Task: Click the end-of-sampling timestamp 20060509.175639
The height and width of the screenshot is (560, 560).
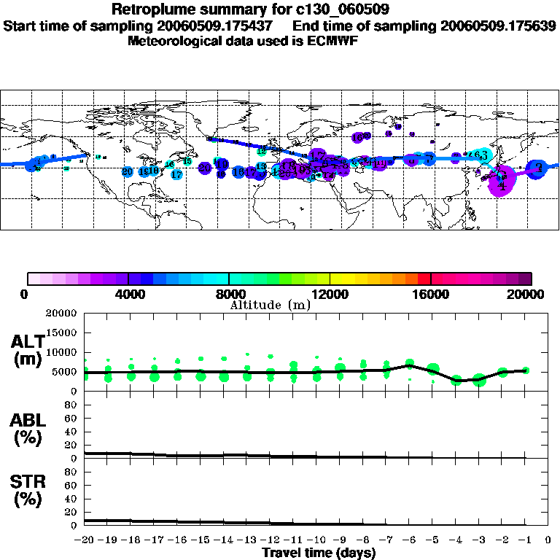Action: point(498,26)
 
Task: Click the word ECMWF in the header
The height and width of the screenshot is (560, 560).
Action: point(330,41)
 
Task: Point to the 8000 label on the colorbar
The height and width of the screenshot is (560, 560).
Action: point(229,294)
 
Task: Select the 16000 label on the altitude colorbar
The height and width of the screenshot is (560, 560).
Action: point(431,294)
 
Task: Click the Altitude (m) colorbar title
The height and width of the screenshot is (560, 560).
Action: point(270,304)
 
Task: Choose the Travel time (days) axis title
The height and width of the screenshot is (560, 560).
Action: point(319,553)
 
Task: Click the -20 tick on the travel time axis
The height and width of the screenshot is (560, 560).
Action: point(85,540)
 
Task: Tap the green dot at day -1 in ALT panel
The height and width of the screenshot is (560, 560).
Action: point(526,370)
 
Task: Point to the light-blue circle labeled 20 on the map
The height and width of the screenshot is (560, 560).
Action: point(128,171)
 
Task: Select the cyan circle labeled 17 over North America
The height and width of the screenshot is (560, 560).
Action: point(176,174)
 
